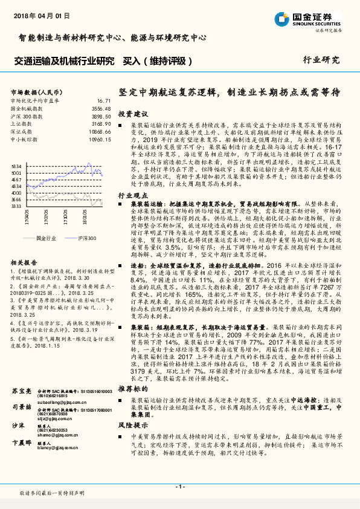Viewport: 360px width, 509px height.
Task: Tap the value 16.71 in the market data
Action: click(103, 101)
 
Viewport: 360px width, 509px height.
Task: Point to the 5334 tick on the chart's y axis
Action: click(17, 166)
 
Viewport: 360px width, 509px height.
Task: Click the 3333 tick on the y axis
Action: click(17, 206)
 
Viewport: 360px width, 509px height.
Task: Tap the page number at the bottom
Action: click(179, 486)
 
